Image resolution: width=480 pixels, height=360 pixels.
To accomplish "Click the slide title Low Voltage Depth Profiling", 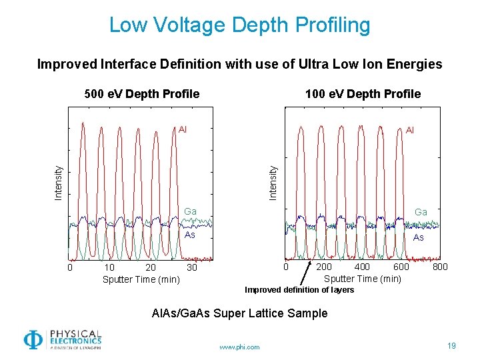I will [x=239, y=25].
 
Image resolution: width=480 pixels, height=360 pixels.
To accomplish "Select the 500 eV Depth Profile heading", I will [x=142, y=94].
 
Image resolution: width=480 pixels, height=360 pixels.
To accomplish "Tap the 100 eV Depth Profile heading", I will [x=363, y=94].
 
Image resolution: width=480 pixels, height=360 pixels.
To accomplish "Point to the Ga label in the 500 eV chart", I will [x=190, y=211].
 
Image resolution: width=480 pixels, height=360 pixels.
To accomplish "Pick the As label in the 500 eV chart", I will [x=190, y=235].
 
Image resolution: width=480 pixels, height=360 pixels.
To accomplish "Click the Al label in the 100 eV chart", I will [x=410, y=131].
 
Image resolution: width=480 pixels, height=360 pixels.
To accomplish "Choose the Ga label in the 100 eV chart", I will [x=421, y=212].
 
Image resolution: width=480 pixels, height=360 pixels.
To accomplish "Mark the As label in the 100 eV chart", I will [x=419, y=237].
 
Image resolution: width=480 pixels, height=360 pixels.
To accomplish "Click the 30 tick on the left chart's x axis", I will [x=192, y=267].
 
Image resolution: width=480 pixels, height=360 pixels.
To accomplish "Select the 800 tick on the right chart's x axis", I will [x=440, y=267].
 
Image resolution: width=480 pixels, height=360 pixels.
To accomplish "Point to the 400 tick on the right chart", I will [x=362, y=267].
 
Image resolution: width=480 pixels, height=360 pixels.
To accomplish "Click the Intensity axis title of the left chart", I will [x=58, y=183].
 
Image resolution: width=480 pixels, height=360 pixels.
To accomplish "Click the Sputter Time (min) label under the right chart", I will [x=362, y=279].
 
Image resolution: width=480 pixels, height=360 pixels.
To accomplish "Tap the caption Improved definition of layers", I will [x=299, y=290].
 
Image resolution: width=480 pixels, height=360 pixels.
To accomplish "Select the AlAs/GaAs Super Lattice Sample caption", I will [x=240, y=313].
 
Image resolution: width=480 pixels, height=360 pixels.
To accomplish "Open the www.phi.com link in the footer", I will [x=239, y=347].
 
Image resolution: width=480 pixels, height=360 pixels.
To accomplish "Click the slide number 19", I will [x=451, y=345].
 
